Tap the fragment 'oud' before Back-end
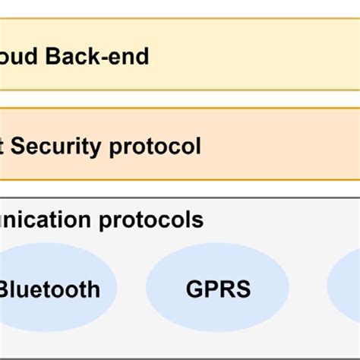[x=22, y=55]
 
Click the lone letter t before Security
[x=4, y=145]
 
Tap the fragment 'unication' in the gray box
[x=47, y=220]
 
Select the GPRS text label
[x=217, y=289]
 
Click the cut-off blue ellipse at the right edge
[x=346, y=287]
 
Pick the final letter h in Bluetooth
[x=93, y=289]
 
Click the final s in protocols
[x=198, y=221]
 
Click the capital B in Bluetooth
[x=7, y=289]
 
